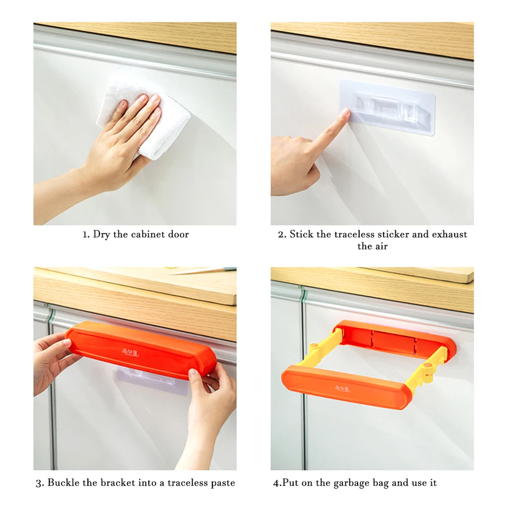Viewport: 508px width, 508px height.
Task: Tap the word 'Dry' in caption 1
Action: (x=102, y=234)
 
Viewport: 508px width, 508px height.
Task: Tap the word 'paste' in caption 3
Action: (x=223, y=483)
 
